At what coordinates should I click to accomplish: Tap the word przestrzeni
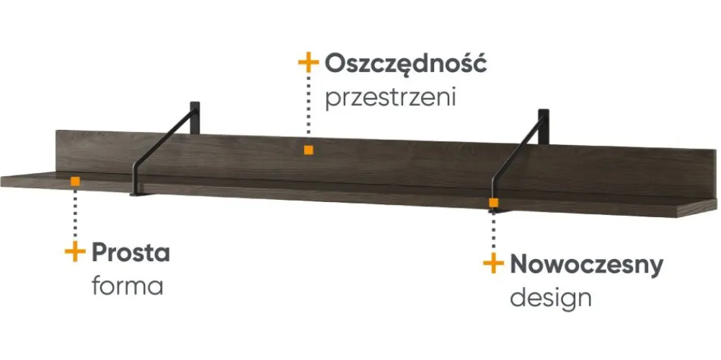click(x=391, y=97)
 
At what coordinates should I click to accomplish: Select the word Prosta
click(x=131, y=253)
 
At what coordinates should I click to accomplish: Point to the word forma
click(x=128, y=286)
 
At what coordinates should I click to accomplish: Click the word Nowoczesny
click(x=586, y=265)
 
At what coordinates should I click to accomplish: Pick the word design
click(x=551, y=297)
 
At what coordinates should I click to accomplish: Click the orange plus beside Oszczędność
click(x=308, y=62)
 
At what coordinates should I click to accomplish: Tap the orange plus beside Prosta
click(x=75, y=253)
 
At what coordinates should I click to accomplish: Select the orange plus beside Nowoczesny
click(x=493, y=264)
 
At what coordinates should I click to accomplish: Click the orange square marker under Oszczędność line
click(x=309, y=150)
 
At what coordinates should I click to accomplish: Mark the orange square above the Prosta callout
click(x=75, y=181)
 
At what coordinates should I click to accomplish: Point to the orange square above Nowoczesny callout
click(x=493, y=203)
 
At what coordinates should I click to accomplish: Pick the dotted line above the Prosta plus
click(x=75, y=213)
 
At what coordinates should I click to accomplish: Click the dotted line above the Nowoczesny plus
click(x=493, y=231)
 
